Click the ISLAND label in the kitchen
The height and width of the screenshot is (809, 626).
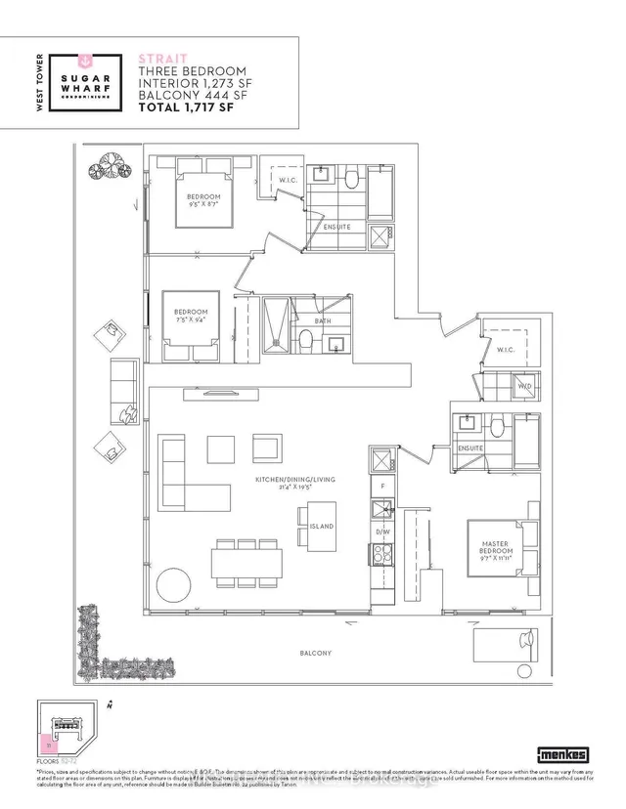[321, 527]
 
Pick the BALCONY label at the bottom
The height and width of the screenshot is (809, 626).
[316, 653]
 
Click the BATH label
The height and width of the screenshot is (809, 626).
[323, 320]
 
